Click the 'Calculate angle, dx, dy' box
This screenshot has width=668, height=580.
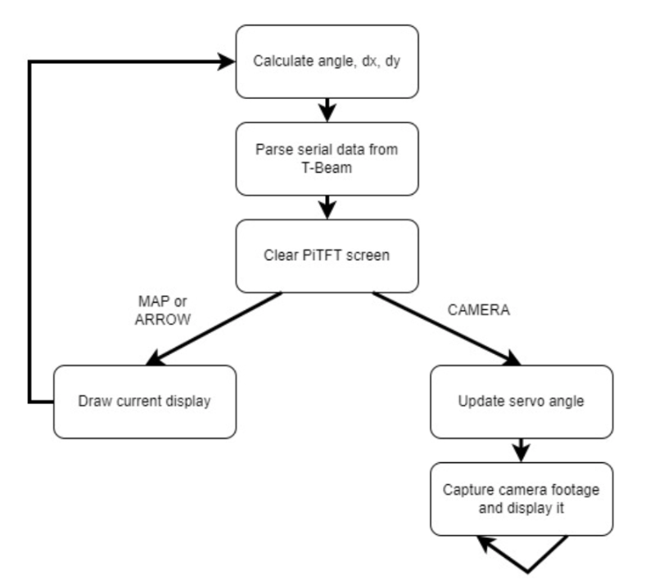327,61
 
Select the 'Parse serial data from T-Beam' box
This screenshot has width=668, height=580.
327,160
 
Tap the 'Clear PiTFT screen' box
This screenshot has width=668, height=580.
327,255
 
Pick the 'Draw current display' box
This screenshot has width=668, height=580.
144,402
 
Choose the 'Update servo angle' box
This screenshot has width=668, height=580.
521,402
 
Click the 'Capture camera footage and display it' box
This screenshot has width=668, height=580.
521,498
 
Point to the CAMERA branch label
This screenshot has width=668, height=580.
479,310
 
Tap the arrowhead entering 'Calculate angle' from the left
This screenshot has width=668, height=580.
227,61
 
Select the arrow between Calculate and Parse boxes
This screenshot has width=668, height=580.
327,110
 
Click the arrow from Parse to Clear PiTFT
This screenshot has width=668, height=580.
327,207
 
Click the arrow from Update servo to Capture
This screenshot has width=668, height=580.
521,450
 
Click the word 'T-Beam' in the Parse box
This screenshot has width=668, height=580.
327,168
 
